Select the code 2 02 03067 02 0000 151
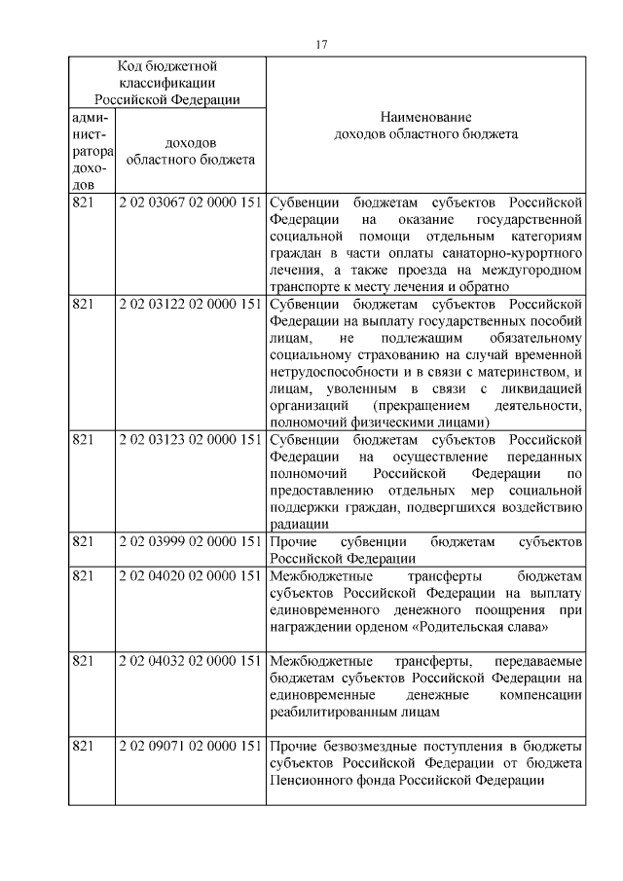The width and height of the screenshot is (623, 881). (191, 202)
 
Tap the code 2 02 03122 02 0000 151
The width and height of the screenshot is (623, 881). (191, 303)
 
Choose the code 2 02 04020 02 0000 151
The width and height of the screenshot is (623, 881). (191, 574)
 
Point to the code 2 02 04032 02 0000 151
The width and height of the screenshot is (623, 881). (191, 661)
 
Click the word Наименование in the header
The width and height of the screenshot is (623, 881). (425, 116)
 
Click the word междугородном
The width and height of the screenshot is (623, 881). (527, 270)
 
